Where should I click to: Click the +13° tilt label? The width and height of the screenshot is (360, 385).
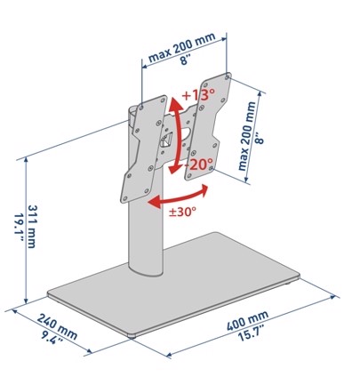[198, 94]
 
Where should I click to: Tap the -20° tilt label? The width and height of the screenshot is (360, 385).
[198, 164]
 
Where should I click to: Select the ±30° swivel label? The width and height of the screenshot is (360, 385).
[182, 212]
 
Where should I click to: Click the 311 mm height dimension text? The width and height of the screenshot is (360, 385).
[32, 227]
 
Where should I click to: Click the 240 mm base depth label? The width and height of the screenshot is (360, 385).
[57, 326]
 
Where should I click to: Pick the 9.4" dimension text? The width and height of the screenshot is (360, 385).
[52, 338]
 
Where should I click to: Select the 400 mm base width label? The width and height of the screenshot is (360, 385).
[247, 320]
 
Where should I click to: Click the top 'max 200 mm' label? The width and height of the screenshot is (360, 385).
[181, 47]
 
